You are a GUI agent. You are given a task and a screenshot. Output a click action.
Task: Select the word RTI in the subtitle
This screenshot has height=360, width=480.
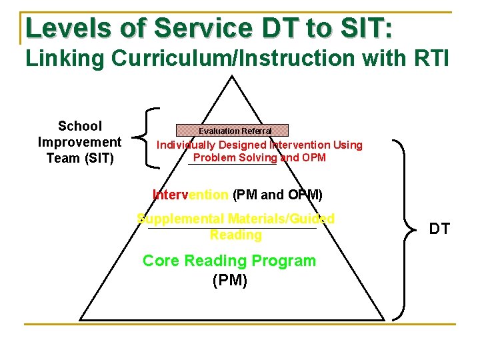432,58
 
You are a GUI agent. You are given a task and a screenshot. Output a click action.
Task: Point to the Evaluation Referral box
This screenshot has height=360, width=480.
232,131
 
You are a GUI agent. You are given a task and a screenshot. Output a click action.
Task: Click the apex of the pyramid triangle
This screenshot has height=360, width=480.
232,76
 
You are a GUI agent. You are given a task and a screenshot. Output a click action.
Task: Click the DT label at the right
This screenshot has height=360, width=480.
439,229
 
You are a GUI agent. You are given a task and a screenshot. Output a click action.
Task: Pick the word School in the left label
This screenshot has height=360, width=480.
80,126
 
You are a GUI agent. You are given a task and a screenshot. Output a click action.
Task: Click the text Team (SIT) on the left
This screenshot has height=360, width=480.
80,158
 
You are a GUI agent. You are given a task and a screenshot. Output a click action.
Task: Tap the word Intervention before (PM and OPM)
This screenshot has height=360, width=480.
191,195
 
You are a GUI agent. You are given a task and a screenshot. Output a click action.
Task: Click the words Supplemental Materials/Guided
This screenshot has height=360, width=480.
235,219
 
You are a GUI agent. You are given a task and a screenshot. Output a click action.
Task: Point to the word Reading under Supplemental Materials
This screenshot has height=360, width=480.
235,235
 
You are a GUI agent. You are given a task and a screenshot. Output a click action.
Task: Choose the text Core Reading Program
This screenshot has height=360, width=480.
229,261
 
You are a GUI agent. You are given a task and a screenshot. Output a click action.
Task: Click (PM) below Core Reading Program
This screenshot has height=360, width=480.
229,280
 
